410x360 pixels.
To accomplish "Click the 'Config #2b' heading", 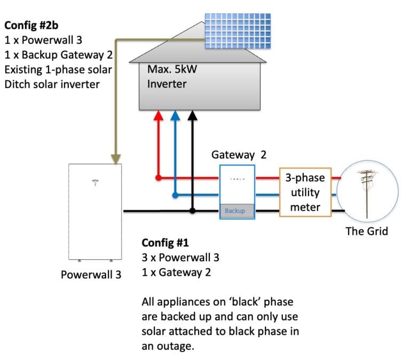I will (x=32, y=26).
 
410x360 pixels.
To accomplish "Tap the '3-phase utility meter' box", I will (x=305, y=192).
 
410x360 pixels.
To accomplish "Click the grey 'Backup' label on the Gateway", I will (x=235, y=211).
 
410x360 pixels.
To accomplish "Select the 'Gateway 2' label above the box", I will (x=238, y=155).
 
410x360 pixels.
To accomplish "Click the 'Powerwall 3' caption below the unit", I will (x=91, y=275).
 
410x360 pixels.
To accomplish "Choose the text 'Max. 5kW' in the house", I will (x=169, y=69).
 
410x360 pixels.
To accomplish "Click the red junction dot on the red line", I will (x=158, y=177).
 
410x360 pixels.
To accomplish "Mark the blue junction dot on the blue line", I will (x=175, y=195).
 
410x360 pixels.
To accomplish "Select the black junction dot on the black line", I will (x=193, y=211).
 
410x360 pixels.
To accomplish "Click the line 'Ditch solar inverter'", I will (x=52, y=84).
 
